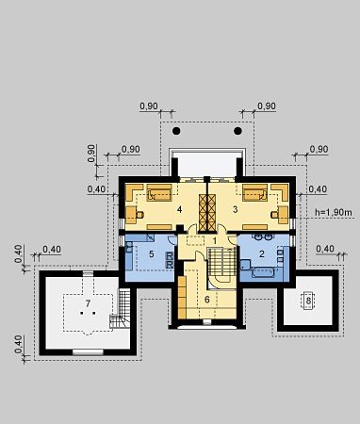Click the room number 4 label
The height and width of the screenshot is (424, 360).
pos(179,209)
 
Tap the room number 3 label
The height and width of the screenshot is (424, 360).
pos(236,209)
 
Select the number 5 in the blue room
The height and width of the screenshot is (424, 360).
pos(152,254)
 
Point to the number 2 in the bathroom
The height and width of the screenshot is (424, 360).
pos(262,254)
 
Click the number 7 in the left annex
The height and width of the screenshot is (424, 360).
pos(88,303)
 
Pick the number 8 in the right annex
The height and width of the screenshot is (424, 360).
pos(308,301)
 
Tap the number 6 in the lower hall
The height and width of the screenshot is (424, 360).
pos(207,300)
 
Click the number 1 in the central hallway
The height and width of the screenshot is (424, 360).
pos(215,241)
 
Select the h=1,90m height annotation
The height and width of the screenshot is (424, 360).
pos(334,213)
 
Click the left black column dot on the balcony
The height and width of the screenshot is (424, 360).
pos(176,131)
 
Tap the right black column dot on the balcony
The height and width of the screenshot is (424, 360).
pos(237,131)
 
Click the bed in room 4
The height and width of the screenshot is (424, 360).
pos(159,192)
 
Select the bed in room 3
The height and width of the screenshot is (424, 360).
pos(255,192)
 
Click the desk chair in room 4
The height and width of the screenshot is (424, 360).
pos(140,215)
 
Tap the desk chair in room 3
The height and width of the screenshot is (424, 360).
pos(275,215)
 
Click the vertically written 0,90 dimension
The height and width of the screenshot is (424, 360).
pos(91,154)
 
